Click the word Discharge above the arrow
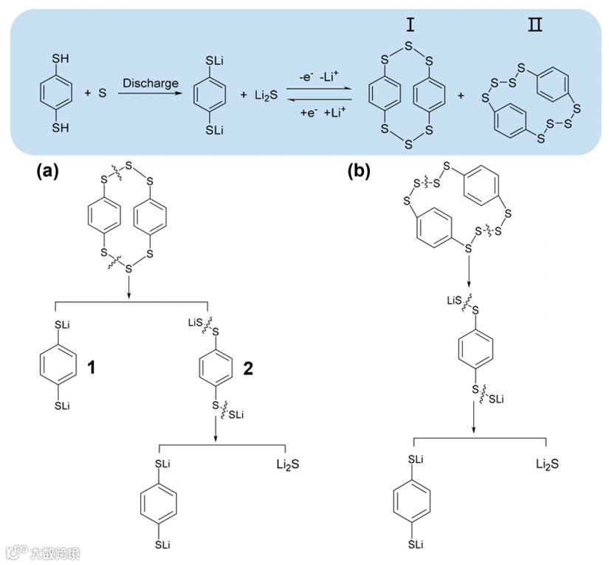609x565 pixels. [x=151, y=83]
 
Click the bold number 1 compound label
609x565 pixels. [x=92, y=367]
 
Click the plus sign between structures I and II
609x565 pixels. [x=462, y=96]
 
